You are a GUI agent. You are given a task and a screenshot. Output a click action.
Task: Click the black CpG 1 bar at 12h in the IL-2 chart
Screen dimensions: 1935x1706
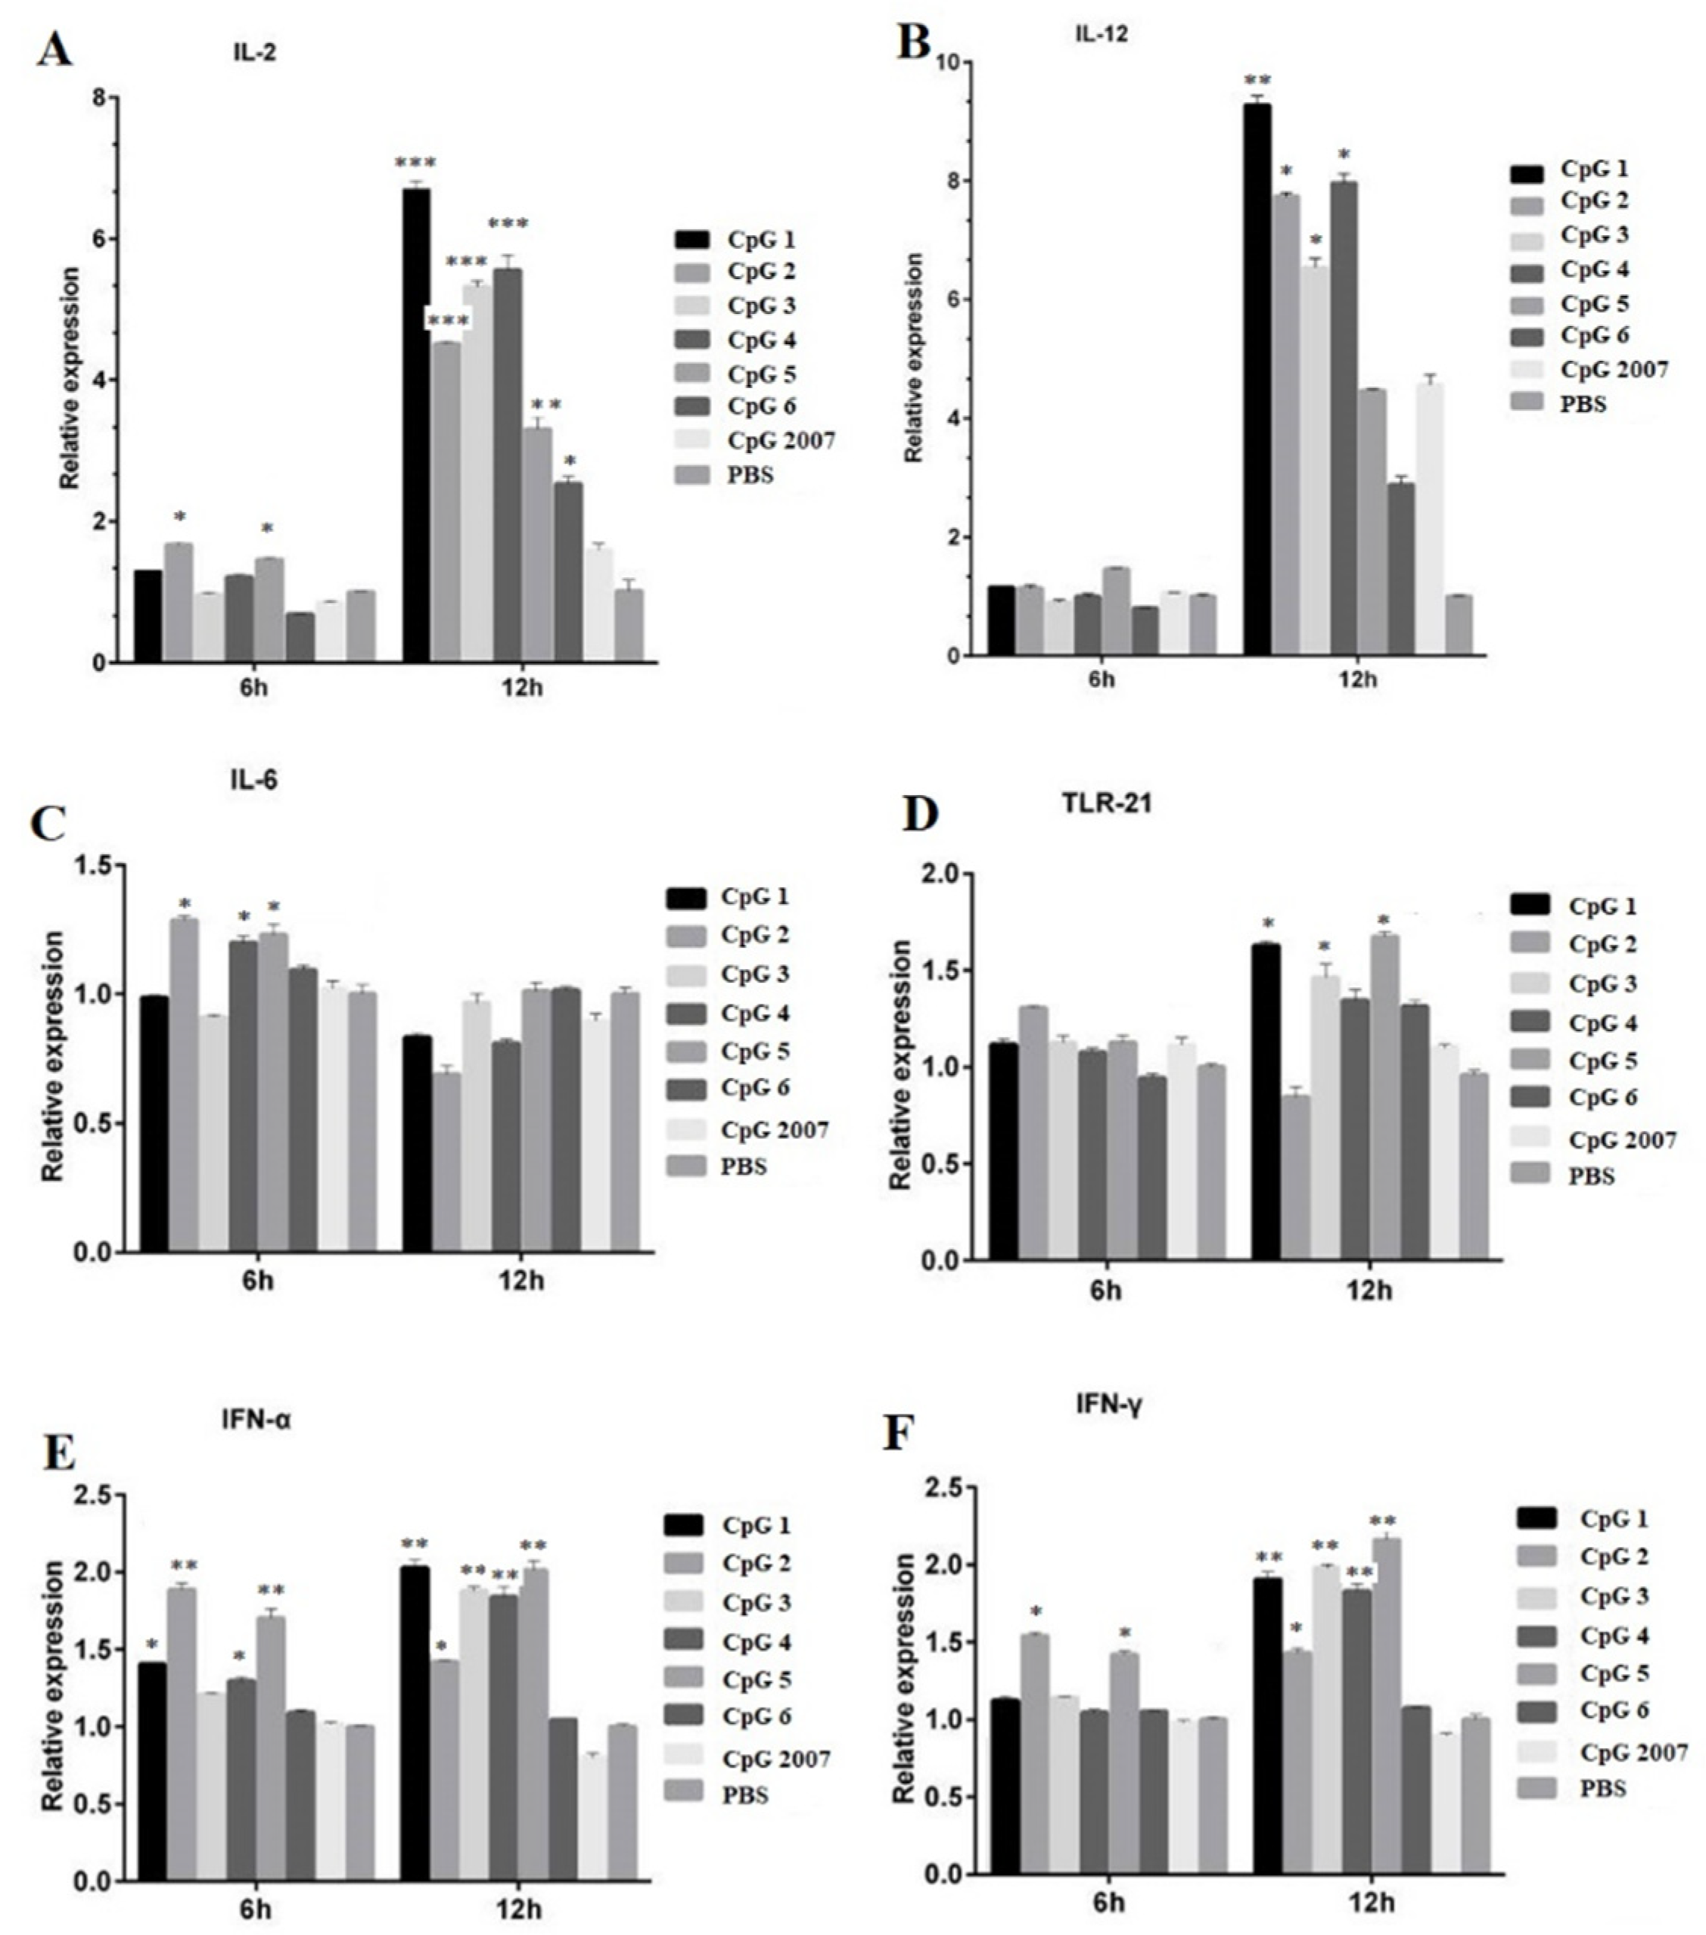(x=415, y=426)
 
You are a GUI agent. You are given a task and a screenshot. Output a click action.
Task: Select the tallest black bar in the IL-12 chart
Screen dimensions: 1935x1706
(x=1257, y=379)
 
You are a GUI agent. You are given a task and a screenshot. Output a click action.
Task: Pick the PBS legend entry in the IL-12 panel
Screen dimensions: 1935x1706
(x=1584, y=403)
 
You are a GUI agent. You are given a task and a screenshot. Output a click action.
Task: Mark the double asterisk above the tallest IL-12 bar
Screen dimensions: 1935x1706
(x=1257, y=80)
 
